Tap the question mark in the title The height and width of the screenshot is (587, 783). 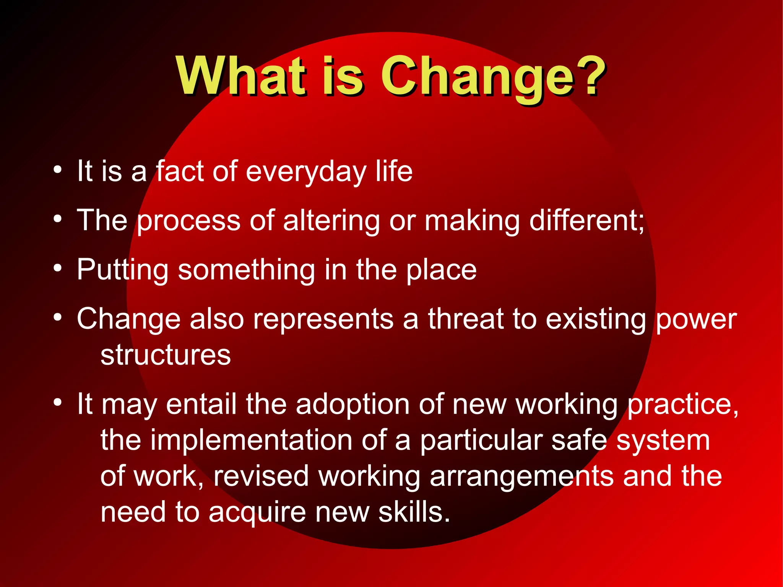pyautogui.click(x=592, y=76)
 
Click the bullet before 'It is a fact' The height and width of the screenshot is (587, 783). pyautogui.click(x=57, y=170)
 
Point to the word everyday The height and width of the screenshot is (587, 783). pyautogui.click(x=306, y=172)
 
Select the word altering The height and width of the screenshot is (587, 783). pyautogui.click(x=331, y=221)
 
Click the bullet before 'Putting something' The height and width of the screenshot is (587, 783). pyautogui.click(x=57, y=268)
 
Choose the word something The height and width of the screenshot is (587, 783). pyautogui.click(x=246, y=270)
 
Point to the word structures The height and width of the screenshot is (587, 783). pyautogui.click(x=166, y=355)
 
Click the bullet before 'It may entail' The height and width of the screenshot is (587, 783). pyautogui.click(x=57, y=402)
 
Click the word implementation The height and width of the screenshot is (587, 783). pyautogui.click(x=251, y=441)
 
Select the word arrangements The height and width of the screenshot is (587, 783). pyautogui.click(x=521, y=476)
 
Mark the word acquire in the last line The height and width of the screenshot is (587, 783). pyautogui.click(x=257, y=512)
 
